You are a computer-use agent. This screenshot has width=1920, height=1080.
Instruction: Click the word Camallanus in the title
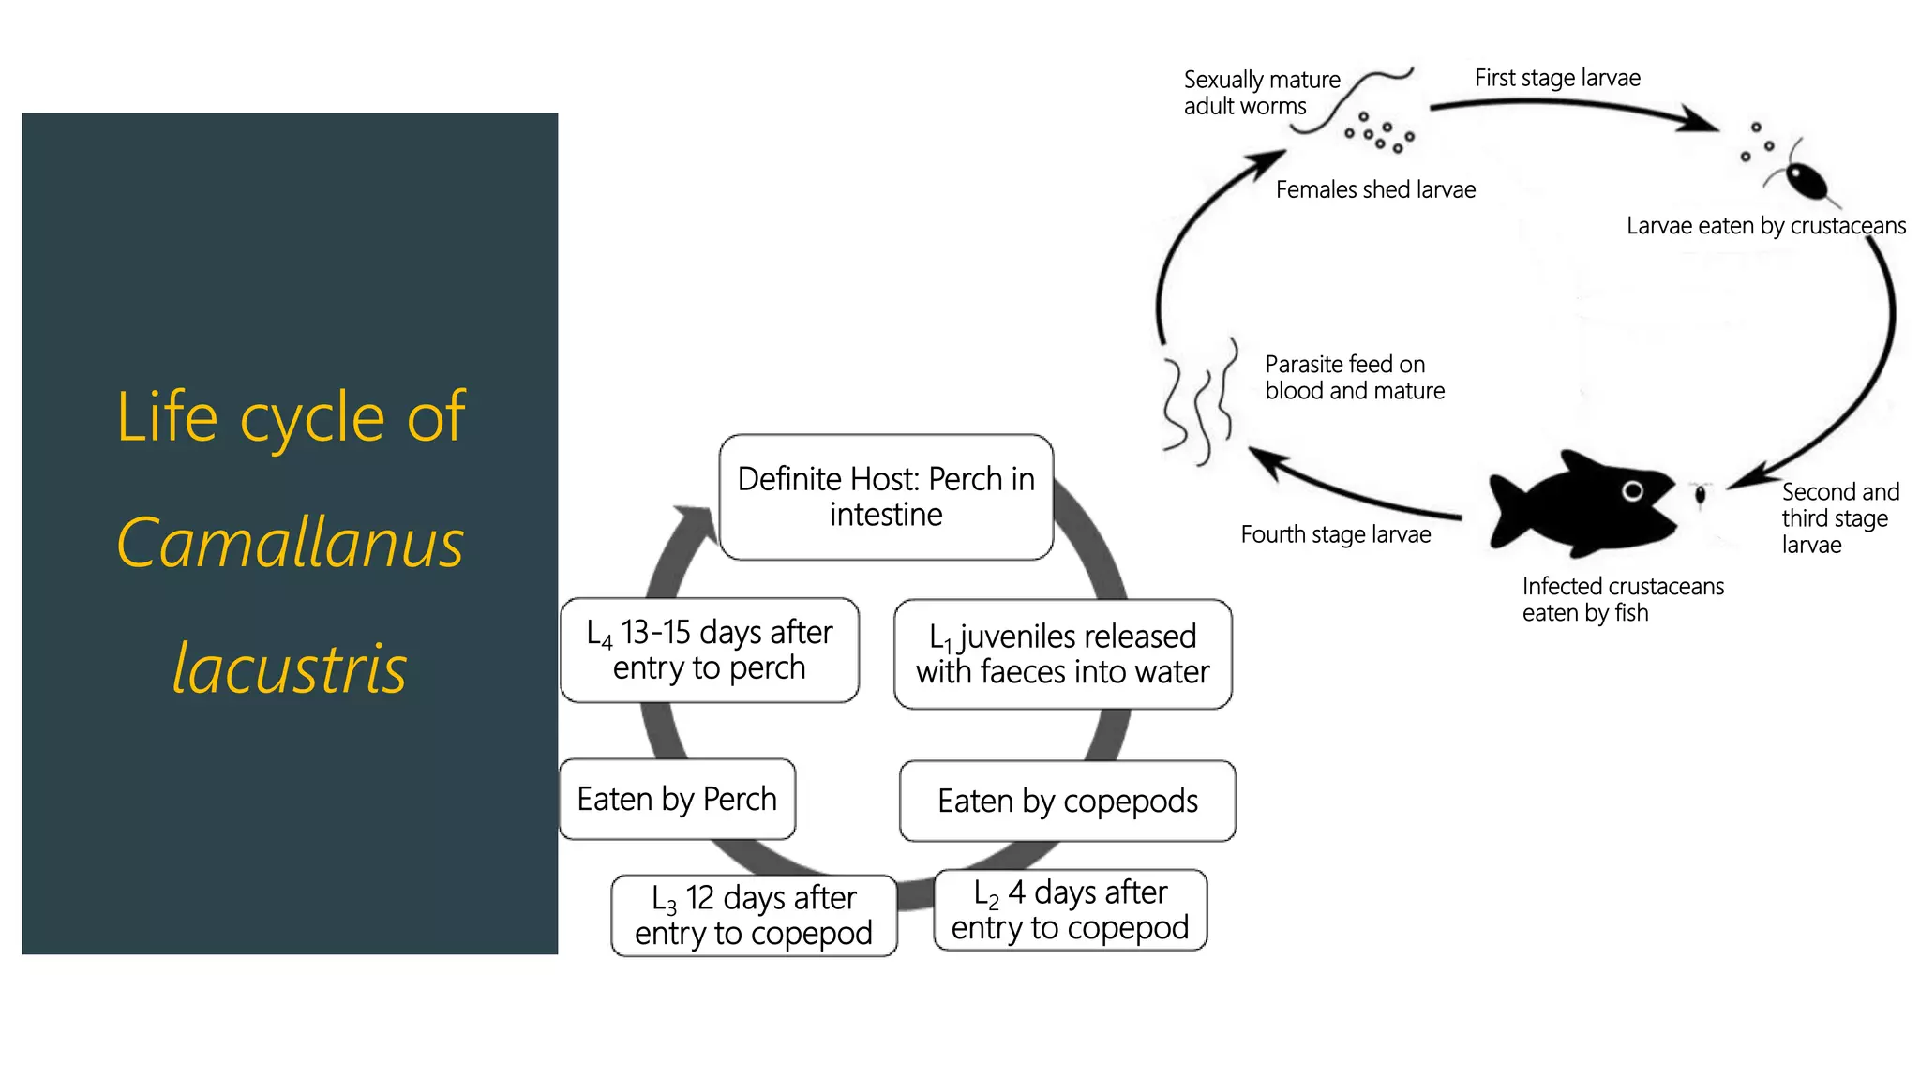click(290, 544)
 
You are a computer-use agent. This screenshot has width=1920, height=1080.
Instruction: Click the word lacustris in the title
click(290, 669)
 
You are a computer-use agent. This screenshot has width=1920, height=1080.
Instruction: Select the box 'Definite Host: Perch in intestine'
click(886, 497)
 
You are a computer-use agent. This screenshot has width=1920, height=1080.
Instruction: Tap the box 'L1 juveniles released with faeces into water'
click(1062, 654)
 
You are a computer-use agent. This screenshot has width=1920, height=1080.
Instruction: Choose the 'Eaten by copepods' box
click(1067, 802)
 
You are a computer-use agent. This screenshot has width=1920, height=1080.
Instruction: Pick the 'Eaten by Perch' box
click(677, 800)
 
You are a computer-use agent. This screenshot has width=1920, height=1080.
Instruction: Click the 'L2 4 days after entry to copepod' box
click(1070, 910)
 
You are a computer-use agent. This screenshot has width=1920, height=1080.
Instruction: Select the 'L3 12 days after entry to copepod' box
click(754, 916)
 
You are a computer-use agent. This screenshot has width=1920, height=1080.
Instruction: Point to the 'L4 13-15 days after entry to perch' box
click(709, 651)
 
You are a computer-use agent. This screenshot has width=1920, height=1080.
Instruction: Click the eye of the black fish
click(1632, 491)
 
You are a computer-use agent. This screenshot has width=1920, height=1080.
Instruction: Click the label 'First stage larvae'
click(1557, 78)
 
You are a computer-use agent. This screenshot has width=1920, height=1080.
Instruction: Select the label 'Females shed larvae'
click(1375, 190)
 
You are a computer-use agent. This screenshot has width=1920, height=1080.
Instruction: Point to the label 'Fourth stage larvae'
click(1335, 535)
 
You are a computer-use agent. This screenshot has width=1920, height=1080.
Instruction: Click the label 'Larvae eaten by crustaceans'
click(1765, 226)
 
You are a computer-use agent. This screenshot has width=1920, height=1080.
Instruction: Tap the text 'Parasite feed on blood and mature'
click(1354, 378)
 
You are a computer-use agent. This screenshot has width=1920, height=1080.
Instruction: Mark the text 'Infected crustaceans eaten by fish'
click(1622, 600)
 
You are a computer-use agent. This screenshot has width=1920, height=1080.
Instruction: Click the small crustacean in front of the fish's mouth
click(1700, 494)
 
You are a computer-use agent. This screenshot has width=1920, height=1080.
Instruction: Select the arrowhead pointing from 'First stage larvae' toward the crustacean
click(1699, 120)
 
